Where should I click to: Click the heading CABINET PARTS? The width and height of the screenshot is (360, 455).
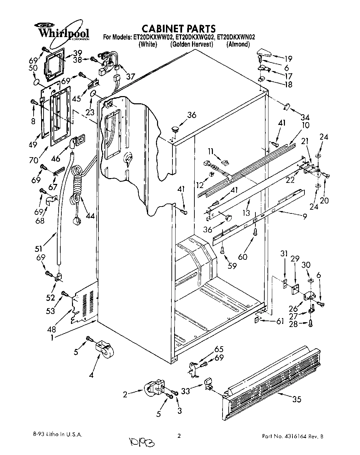tap(179, 28)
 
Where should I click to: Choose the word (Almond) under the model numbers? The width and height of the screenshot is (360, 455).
tap(238, 45)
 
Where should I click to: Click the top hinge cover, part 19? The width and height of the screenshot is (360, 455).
tap(263, 54)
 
